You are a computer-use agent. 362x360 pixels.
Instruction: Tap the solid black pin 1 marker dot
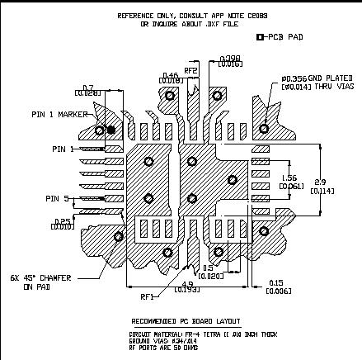click(110, 129)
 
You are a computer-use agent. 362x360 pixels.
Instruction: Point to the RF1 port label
click(149, 296)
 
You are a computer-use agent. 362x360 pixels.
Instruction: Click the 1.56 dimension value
click(290, 178)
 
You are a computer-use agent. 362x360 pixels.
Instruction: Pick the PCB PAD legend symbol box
click(261, 37)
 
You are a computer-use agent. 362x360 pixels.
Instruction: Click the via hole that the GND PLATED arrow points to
click(265, 127)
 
